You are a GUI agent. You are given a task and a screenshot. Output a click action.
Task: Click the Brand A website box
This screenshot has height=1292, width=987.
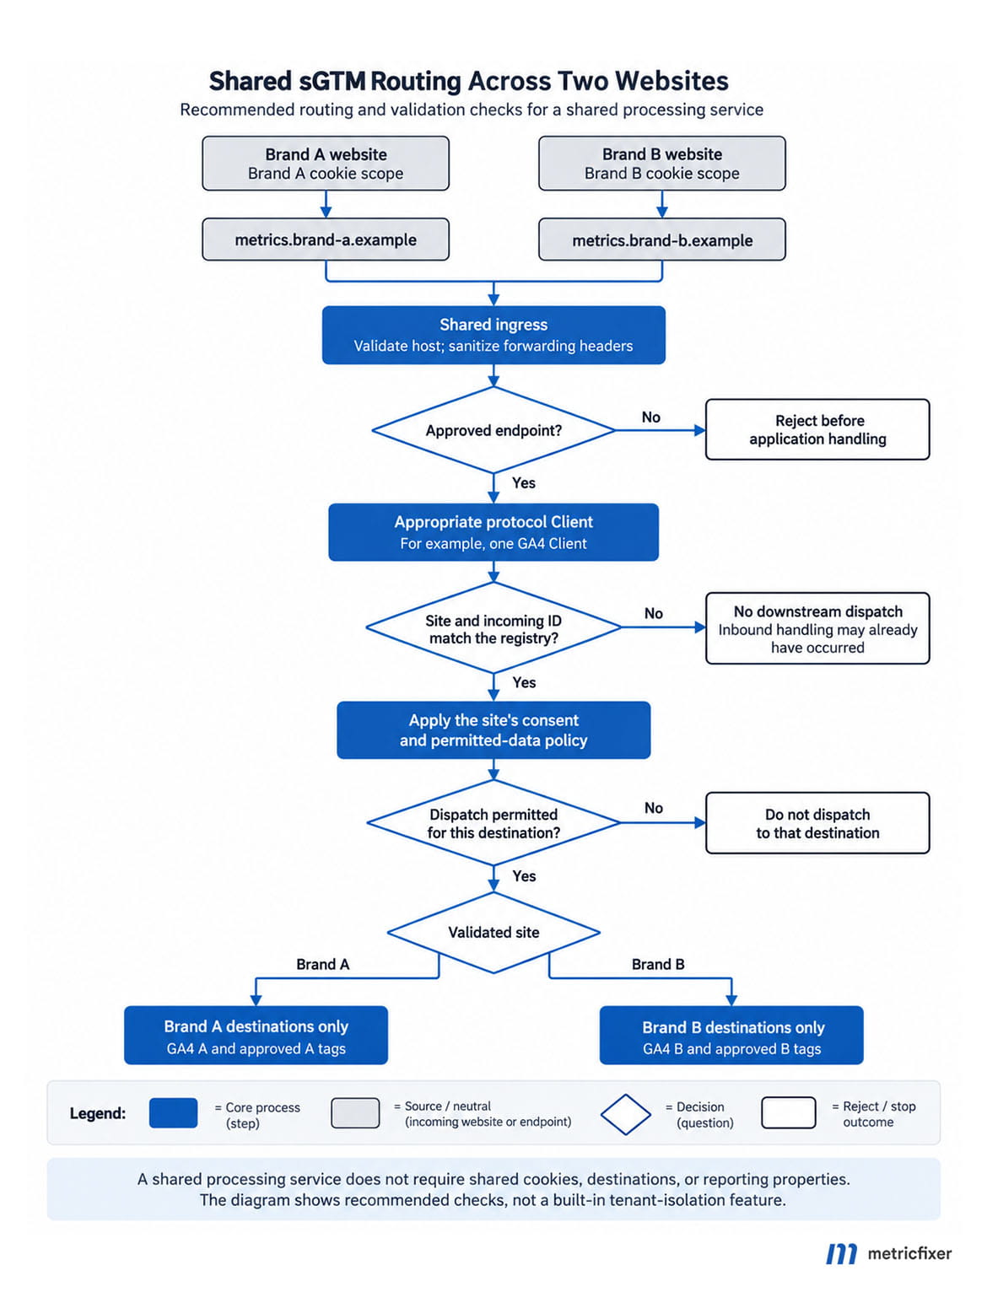point(326,163)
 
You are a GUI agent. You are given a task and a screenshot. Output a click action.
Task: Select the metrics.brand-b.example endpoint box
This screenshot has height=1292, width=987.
point(661,240)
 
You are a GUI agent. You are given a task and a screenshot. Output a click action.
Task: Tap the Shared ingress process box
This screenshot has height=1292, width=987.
point(493,335)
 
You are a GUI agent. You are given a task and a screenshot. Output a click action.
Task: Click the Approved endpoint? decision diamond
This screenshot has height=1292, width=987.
point(493,430)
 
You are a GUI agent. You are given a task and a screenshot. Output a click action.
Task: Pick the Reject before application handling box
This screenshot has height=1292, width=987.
point(817,429)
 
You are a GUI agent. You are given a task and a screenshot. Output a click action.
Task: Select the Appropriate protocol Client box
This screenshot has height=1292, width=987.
point(493,532)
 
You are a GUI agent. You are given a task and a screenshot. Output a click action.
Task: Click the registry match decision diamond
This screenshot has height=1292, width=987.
point(493,627)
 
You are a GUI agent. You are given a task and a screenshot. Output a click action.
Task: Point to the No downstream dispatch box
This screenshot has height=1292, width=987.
point(817,628)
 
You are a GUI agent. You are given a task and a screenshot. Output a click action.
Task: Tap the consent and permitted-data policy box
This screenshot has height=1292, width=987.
point(493,729)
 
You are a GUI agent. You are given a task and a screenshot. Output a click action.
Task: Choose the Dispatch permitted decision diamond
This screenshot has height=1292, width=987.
point(493,823)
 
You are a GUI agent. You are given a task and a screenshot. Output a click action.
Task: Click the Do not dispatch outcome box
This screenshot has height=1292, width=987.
point(817,823)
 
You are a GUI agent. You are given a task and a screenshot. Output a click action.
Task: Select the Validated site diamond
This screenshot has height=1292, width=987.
point(493,933)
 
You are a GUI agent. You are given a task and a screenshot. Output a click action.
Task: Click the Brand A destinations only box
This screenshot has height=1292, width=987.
point(256,1036)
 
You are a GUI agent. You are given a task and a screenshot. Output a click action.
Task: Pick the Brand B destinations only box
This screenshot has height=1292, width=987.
point(731,1036)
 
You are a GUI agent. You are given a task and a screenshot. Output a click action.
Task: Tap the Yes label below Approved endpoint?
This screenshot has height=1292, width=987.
point(523,482)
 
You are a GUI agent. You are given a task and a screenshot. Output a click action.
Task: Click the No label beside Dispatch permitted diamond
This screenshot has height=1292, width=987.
point(653,808)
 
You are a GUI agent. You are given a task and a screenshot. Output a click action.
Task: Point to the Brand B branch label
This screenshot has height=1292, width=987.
point(657,964)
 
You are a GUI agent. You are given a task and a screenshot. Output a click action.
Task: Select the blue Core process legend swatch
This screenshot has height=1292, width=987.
point(173,1112)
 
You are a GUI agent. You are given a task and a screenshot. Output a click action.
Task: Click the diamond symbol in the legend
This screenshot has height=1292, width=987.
point(625,1114)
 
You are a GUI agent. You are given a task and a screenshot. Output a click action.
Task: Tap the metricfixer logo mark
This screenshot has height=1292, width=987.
point(840,1254)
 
